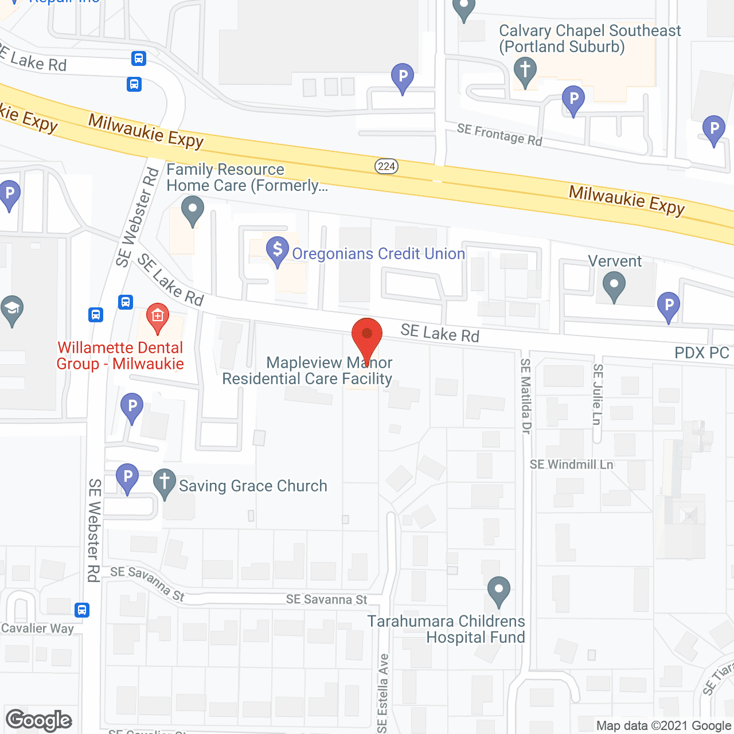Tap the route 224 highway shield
click(x=386, y=166)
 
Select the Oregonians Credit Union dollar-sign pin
click(x=278, y=251)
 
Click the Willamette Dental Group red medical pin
click(x=158, y=317)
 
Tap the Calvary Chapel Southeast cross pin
click(x=525, y=72)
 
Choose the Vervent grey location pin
click(x=614, y=285)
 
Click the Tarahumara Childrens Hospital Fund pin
click(x=499, y=590)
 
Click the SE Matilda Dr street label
click(x=525, y=396)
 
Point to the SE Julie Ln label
click(x=598, y=395)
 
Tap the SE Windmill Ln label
click(x=571, y=464)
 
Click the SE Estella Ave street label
click(x=383, y=693)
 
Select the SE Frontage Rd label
click(x=499, y=135)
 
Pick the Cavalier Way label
click(x=37, y=628)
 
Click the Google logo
click(x=39, y=720)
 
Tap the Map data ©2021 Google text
click(x=664, y=726)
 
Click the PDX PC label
click(x=702, y=353)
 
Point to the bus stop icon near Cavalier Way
click(x=82, y=610)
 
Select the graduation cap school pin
click(x=12, y=310)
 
